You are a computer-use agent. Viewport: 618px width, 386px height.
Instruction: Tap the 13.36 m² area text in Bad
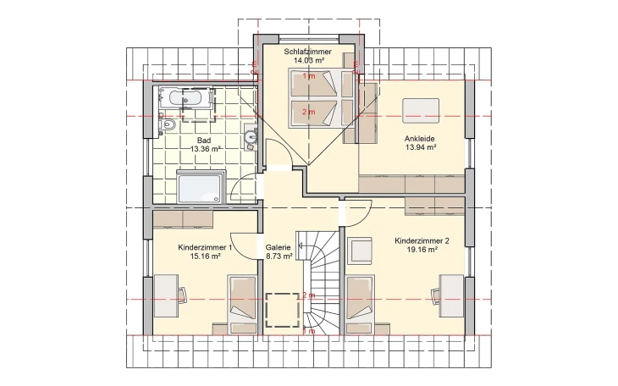(205, 149)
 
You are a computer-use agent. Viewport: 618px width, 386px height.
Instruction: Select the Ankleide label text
(420, 136)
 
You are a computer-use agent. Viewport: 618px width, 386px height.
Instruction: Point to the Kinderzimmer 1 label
(205, 247)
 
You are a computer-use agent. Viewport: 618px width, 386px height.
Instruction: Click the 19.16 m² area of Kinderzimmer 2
(420, 251)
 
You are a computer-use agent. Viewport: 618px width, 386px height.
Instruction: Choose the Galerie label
(279, 246)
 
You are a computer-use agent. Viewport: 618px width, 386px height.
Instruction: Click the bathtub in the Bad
(188, 99)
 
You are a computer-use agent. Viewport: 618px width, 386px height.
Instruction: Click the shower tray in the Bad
(200, 186)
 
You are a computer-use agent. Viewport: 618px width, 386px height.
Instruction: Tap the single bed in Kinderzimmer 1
(242, 304)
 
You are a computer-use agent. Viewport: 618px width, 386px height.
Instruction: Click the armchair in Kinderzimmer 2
(361, 251)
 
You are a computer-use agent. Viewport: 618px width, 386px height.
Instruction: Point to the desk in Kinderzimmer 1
(166, 296)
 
